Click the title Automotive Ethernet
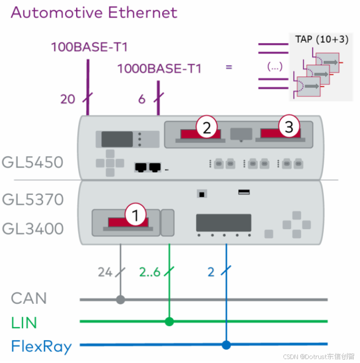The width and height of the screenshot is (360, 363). [x=94, y=12]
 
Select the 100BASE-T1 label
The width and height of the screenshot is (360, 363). [x=90, y=47]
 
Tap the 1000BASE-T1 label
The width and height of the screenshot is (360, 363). [x=159, y=69]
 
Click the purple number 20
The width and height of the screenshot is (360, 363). [x=68, y=99]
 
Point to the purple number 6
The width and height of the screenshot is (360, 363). [x=142, y=99]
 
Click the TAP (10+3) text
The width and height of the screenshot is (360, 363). [x=322, y=39]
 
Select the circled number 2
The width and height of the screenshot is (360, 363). [x=206, y=127]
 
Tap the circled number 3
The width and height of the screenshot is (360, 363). [x=289, y=126]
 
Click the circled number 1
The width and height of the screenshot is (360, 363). [x=135, y=215]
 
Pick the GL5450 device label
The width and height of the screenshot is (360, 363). [x=32, y=162]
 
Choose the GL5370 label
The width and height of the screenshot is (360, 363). [x=33, y=199]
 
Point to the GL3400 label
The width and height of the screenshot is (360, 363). [x=33, y=229]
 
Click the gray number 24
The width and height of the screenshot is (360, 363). [x=105, y=272]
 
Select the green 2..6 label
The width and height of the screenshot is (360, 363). [x=150, y=272]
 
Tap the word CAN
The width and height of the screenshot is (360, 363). [x=29, y=298]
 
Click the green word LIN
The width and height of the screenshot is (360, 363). [x=24, y=323]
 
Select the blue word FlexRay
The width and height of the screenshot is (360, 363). [x=41, y=347]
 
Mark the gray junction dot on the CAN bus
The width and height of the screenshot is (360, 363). [x=120, y=299]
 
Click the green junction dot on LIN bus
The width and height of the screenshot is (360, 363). [x=169, y=321]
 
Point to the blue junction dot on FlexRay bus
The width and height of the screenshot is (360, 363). [x=226, y=345]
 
